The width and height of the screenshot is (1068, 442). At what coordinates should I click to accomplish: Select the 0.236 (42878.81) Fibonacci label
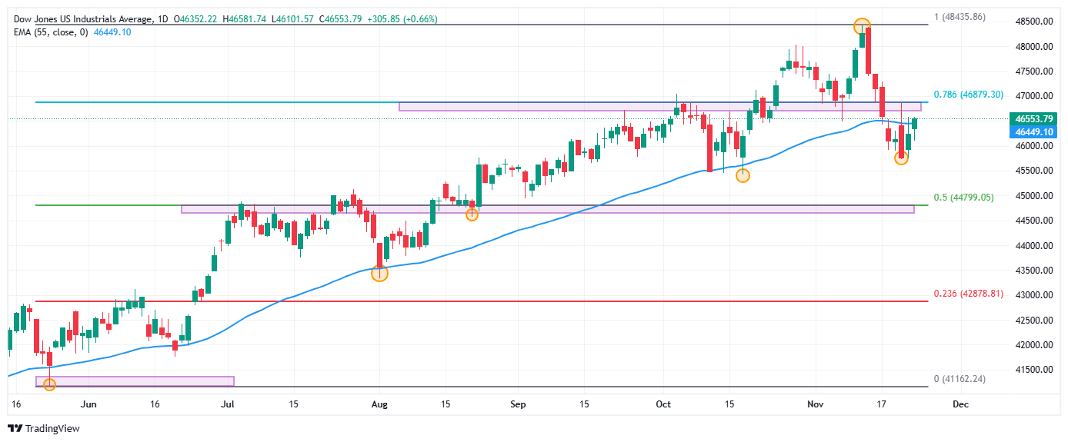pos(968,294)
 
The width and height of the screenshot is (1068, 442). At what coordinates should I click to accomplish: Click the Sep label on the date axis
pos(518,404)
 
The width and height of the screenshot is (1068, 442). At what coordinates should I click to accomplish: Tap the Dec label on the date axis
pos(960,404)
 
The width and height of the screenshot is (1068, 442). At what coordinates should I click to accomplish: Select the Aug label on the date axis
pos(379,404)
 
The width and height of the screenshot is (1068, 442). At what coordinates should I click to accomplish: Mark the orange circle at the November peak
pos(863,26)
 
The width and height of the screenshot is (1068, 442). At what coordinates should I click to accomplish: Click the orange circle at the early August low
pos(379,273)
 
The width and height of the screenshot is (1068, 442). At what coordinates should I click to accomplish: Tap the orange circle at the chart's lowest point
pos(50,384)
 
